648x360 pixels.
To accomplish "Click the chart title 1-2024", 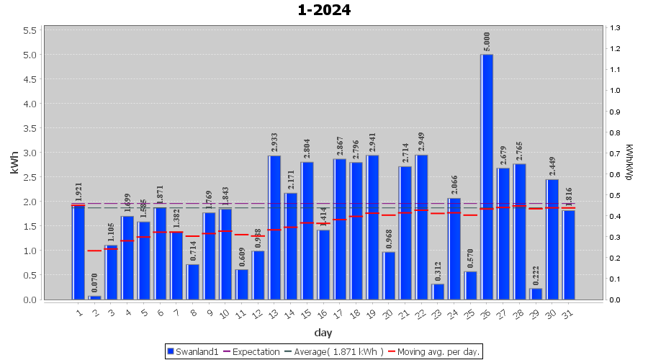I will pyautogui.click(x=324, y=10).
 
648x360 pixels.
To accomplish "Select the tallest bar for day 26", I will pyautogui.click(x=487, y=176).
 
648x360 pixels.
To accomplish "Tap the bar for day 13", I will pyautogui.click(x=274, y=227).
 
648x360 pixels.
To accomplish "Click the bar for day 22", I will pyautogui.click(x=421, y=227).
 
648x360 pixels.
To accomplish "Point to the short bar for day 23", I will pyautogui.click(x=438, y=292).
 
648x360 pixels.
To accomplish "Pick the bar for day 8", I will pyautogui.click(x=193, y=282).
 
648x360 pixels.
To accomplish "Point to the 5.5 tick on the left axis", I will pyautogui.click(x=30, y=30).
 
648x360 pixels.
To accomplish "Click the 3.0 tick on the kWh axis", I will pyautogui.click(x=30, y=153).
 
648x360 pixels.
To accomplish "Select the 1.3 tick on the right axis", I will pyautogui.click(x=613, y=27).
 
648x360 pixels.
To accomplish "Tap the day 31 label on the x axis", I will pyautogui.click(x=567, y=312).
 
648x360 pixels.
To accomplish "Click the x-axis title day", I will pyautogui.click(x=323, y=333).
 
